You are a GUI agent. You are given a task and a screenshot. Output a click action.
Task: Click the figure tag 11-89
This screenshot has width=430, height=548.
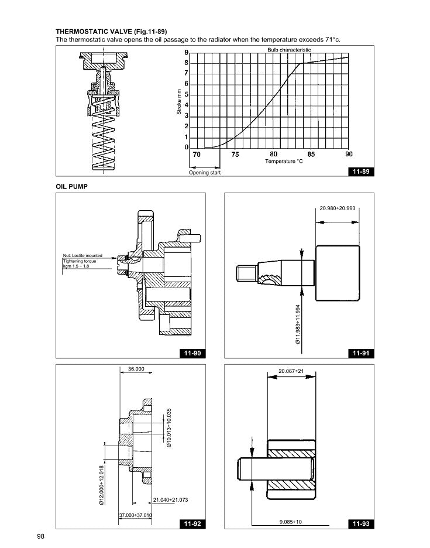point(360,172)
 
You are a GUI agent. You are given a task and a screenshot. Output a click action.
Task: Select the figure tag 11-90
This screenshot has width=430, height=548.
point(192,353)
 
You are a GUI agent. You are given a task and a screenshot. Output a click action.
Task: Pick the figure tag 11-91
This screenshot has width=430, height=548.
point(360,353)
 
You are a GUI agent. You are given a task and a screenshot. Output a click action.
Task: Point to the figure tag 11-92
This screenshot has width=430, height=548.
point(192,523)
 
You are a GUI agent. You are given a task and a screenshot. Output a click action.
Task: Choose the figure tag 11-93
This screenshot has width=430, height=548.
point(360,523)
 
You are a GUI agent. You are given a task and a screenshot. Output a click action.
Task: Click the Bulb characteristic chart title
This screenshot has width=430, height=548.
point(289,50)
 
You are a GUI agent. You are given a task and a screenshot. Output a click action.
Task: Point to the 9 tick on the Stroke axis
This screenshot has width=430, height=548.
point(186,53)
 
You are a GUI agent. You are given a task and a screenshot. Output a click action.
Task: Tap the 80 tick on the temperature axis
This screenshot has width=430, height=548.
point(273,155)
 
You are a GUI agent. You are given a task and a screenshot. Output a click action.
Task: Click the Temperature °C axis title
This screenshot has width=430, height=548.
point(284,161)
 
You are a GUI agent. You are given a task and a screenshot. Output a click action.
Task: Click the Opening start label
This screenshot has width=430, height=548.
point(204,173)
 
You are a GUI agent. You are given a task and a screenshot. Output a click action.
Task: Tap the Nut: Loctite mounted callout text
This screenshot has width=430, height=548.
point(82,255)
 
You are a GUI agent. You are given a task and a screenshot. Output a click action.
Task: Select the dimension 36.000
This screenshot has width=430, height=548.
point(136,369)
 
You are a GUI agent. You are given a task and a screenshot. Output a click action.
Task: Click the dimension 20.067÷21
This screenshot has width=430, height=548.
point(290,371)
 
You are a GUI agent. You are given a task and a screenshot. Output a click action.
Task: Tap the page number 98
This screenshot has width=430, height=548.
point(41,536)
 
